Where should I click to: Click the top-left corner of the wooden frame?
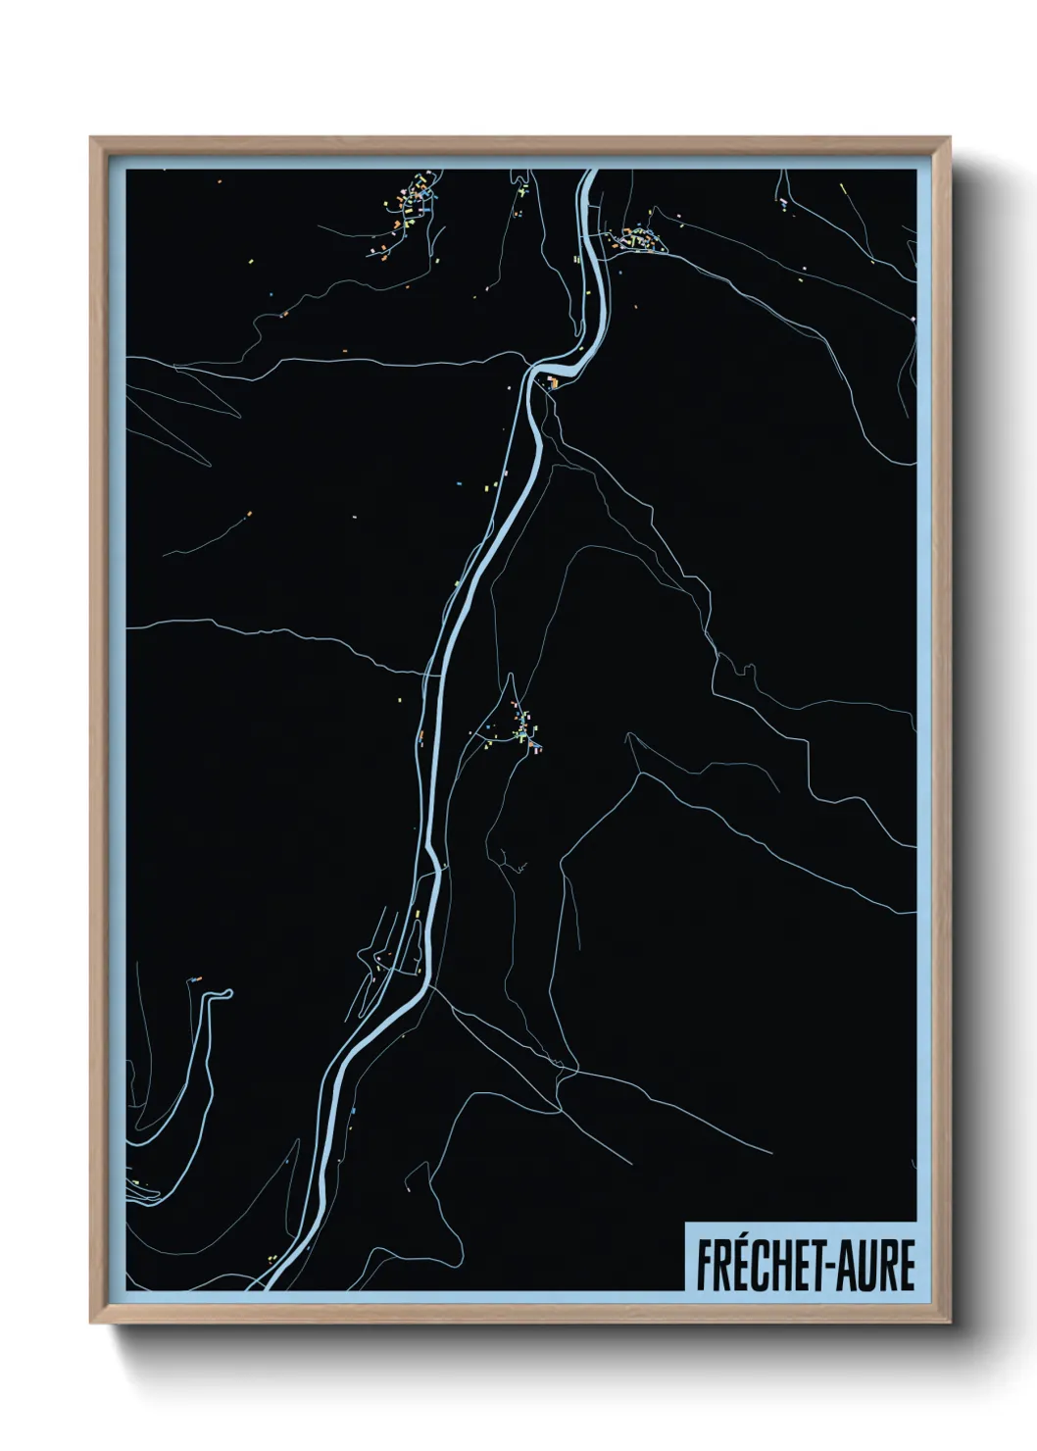(91, 138)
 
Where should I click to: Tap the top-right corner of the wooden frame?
(951, 138)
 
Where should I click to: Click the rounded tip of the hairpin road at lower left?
(226, 994)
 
